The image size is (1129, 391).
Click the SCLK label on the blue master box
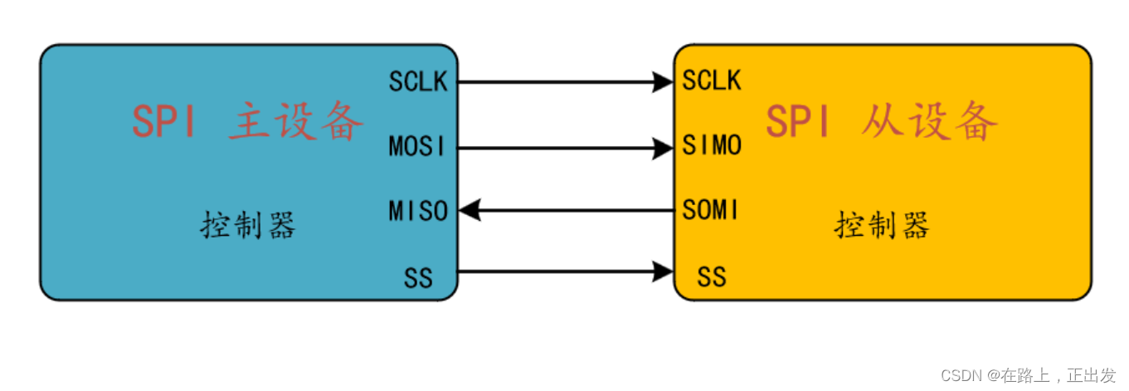point(418,81)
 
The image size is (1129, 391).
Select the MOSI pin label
point(417,147)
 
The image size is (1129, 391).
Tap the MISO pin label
point(418,211)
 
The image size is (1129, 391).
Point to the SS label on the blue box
point(418,277)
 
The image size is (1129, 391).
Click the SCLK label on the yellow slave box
point(712,81)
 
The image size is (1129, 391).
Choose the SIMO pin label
point(712,147)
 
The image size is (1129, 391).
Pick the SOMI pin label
point(710,211)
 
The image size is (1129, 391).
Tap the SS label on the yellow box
point(712,277)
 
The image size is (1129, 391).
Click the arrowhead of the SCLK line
point(663,81)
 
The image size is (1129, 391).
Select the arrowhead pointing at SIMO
point(663,148)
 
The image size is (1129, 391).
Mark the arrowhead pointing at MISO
point(470,211)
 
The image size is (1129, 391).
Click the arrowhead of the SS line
point(663,271)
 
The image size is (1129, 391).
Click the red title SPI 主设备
point(247,123)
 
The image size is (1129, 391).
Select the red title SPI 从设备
point(881,123)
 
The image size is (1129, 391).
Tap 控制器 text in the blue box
point(248,225)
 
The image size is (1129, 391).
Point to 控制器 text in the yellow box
point(882,225)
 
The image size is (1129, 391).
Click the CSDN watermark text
point(1029,375)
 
